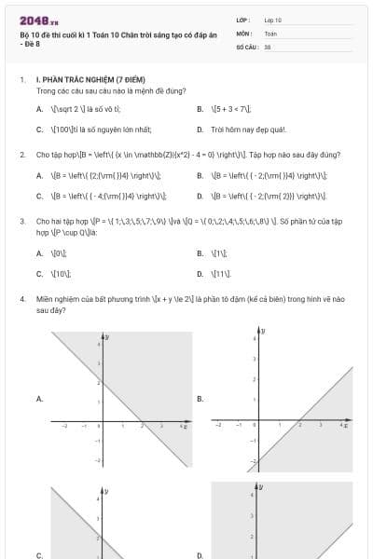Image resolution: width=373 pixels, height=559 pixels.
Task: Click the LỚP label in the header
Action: tap(243, 19)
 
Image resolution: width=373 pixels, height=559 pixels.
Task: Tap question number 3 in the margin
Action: tap(21, 222)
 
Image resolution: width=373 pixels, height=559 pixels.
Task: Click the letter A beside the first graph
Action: tap(39, 398)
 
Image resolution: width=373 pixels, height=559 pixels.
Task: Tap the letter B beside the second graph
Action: tap(200, 398)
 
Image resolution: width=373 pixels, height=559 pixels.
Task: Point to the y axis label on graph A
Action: tap(107, 335)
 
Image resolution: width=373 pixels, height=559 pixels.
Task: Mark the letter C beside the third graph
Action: tap(39, 555)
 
